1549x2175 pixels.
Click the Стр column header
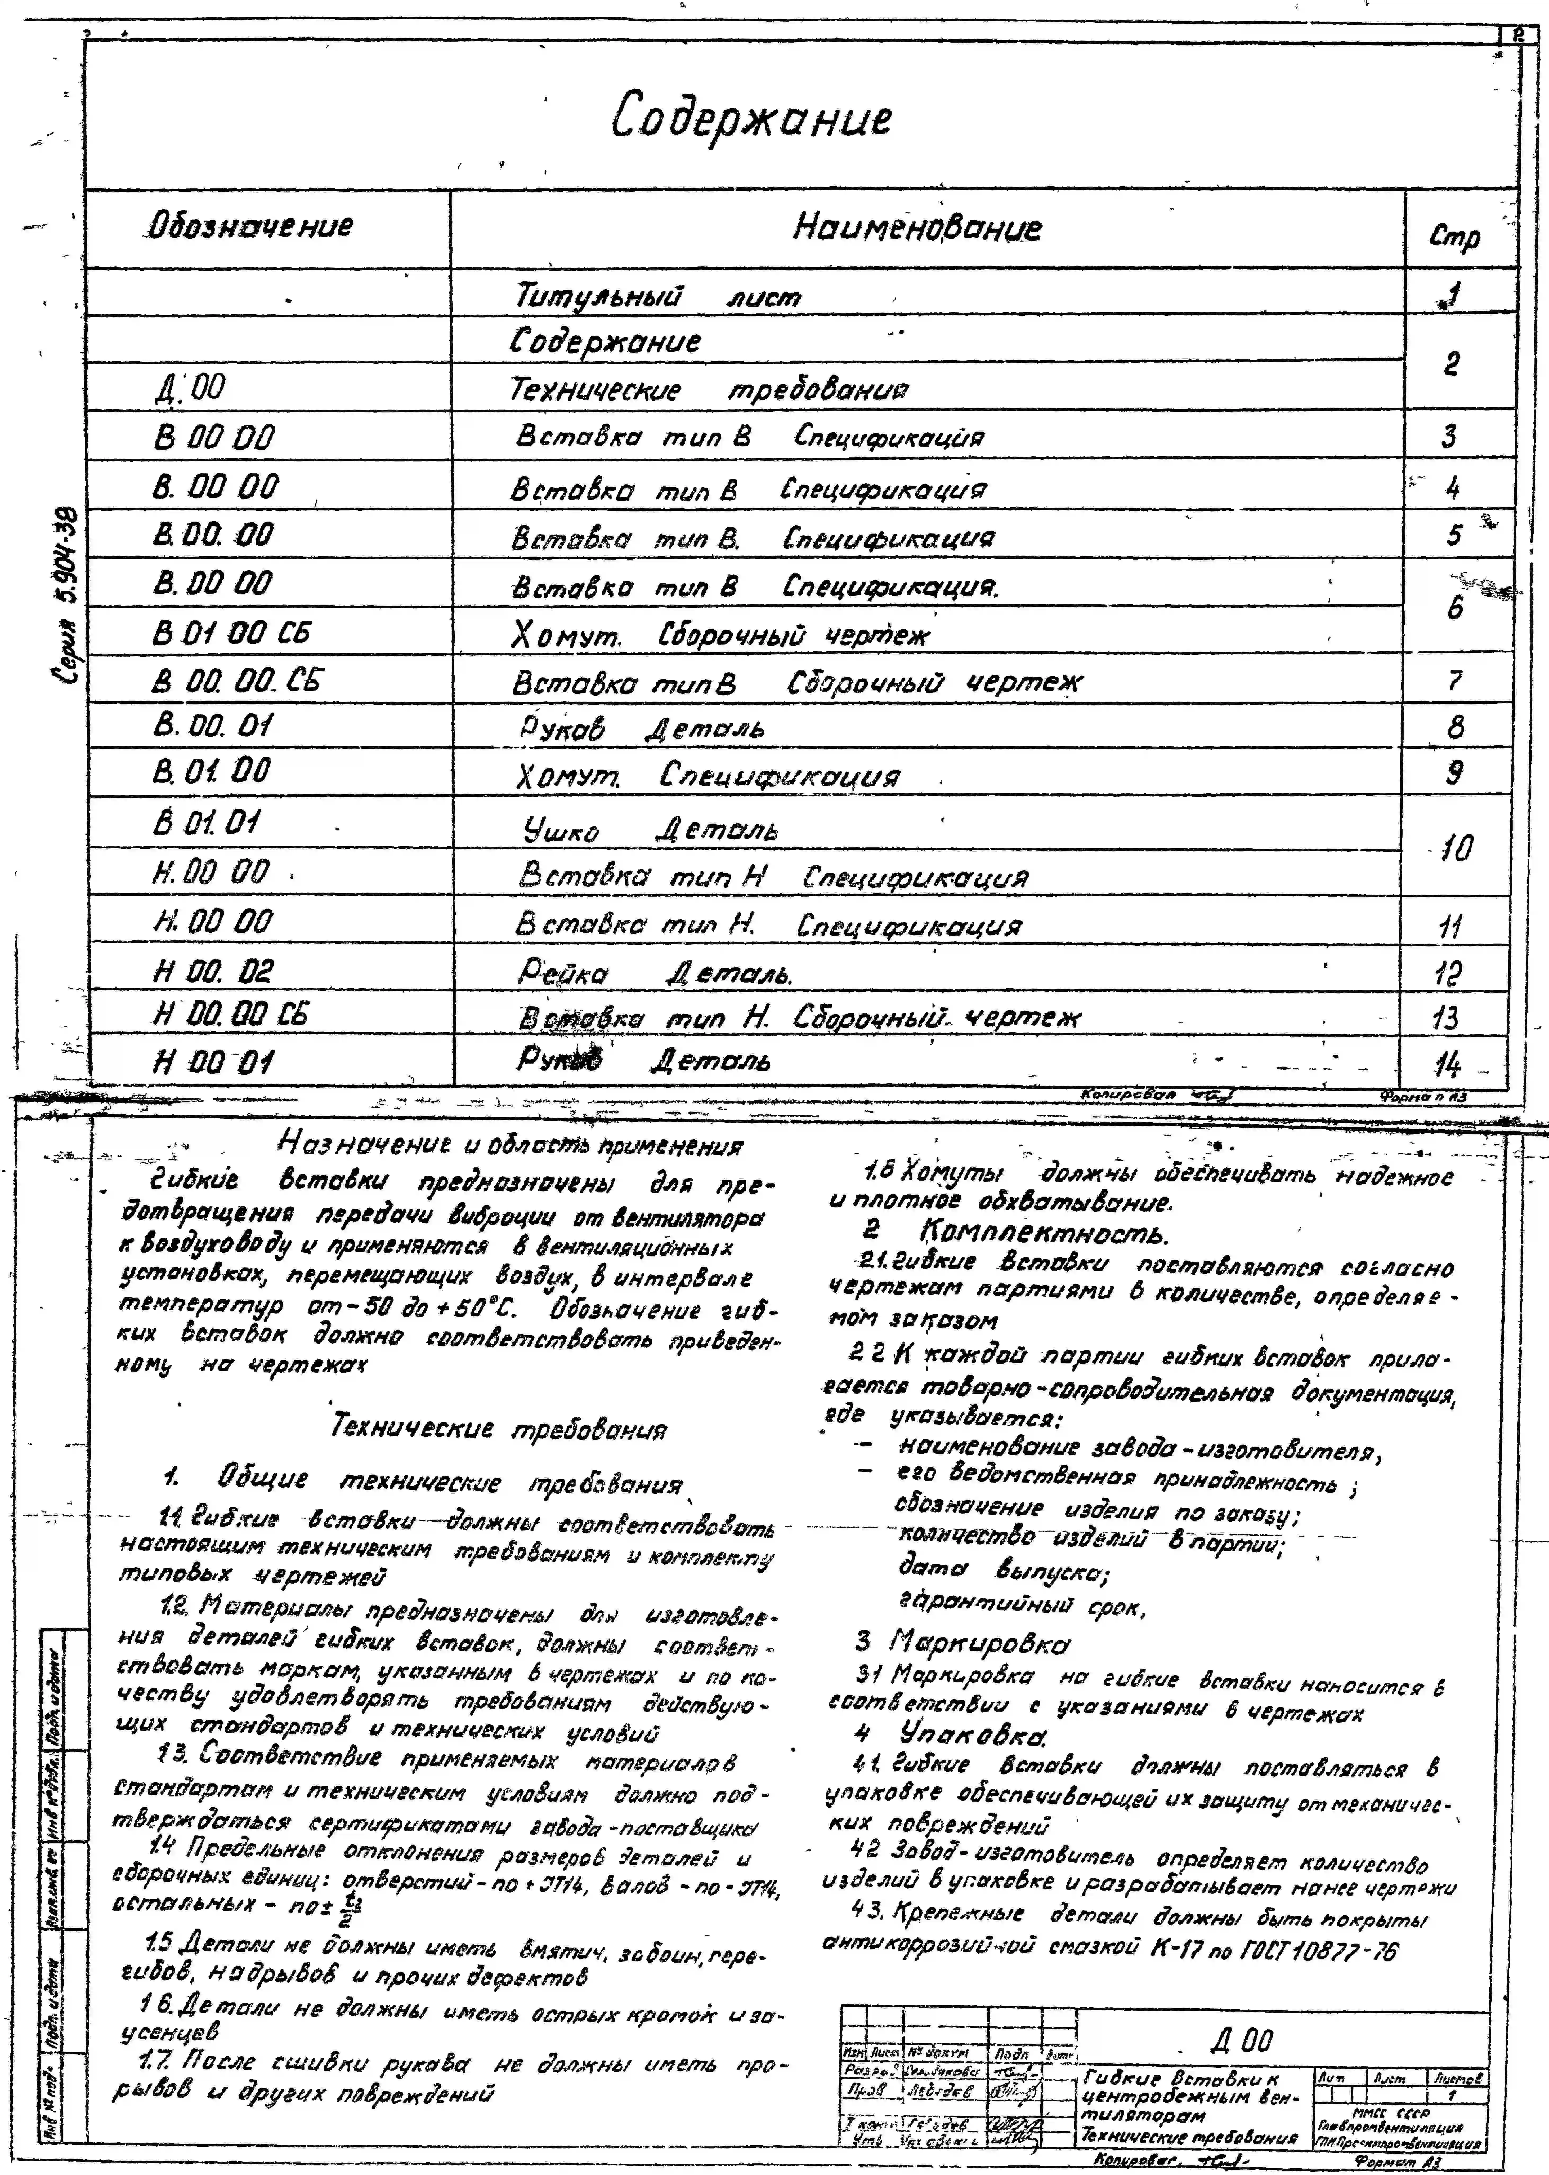[x=1454, y=235]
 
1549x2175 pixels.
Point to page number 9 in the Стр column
[x=1454, y=772]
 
